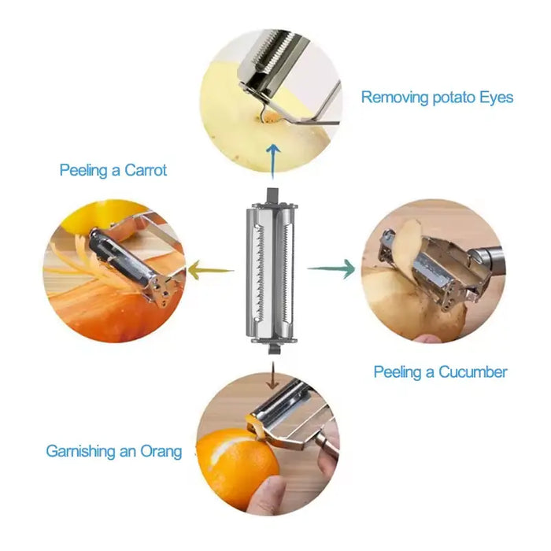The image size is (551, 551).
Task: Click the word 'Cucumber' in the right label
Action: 473,372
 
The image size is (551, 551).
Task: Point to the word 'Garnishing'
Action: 83,452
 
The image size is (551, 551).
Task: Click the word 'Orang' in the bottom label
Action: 161,452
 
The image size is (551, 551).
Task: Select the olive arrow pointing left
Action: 210,270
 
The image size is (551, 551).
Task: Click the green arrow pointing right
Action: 331,269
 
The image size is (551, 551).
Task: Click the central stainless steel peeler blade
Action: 272,272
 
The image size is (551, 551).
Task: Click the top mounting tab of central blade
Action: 272,194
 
